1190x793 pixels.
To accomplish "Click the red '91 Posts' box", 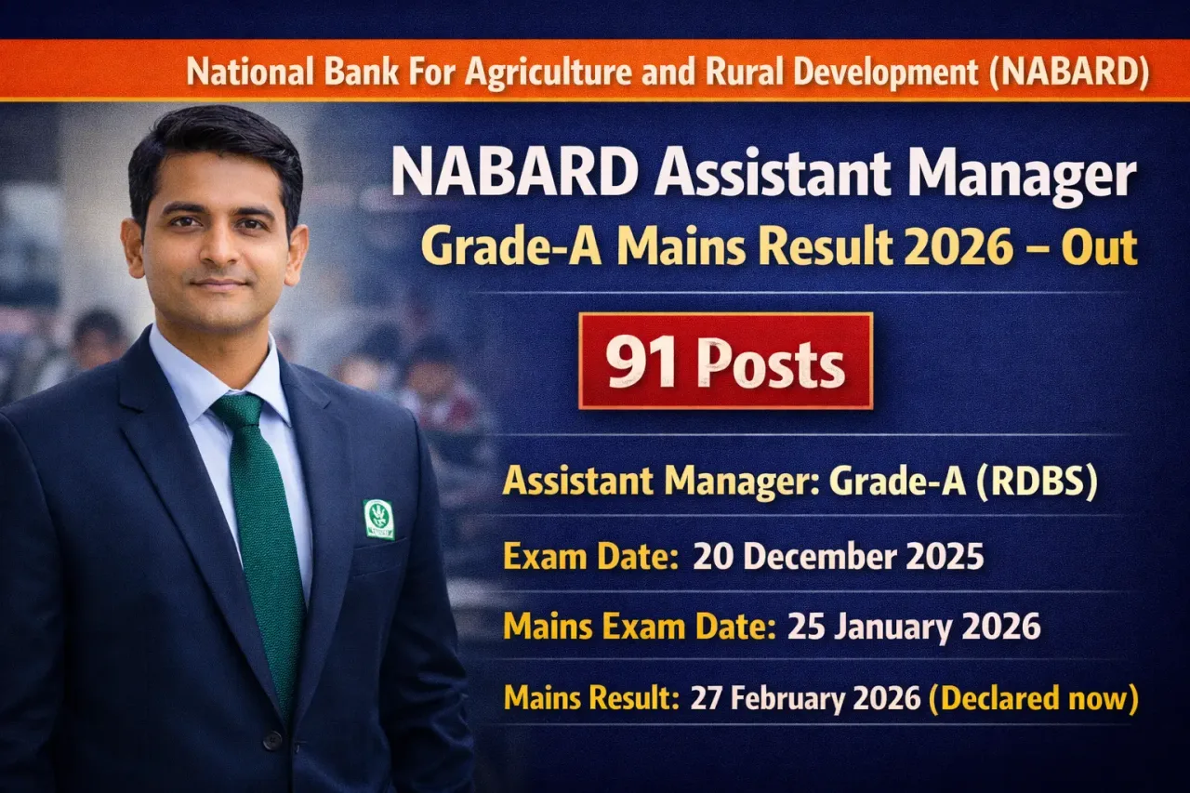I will [x=725, y=361].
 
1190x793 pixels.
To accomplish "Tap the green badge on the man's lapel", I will [x=378, y=519].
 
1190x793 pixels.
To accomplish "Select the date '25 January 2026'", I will [x=914, y=627].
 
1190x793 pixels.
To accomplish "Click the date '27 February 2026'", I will [x=805, y=697].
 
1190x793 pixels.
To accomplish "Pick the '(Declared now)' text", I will [x=1034, y=697].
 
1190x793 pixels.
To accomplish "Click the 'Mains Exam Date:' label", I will [x=640, y=627].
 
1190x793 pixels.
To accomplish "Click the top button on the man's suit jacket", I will [x=271, y=740].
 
